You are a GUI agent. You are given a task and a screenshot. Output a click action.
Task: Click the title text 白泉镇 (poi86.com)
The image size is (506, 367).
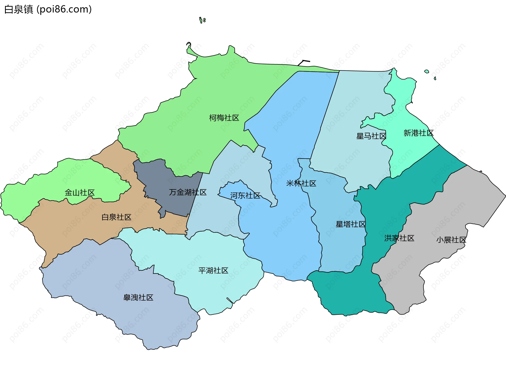click(x=48, y=9)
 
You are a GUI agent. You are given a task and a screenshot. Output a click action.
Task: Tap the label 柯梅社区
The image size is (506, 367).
click(x=224, y=118)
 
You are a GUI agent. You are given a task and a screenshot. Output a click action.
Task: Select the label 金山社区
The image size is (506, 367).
click(x=80, y=193)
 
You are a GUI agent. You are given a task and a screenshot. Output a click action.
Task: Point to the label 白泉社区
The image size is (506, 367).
click(x=116, y=217)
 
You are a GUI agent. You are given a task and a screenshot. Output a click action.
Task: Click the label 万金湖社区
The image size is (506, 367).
click(x=188, y=192)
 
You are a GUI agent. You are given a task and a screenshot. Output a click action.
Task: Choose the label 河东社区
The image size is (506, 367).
click(x=245, y=196)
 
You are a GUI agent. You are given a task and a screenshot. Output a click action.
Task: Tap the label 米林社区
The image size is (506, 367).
click(x=301, y=183)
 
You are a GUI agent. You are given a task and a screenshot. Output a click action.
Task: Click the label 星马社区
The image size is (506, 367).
click(x=371, y=136)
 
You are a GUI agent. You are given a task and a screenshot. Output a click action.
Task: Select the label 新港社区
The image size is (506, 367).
click(x=419, y=133)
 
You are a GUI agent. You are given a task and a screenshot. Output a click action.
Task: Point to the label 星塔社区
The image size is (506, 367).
click(x=351, y=224)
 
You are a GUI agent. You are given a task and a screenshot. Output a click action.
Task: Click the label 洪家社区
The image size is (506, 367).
click(x=399, y=238)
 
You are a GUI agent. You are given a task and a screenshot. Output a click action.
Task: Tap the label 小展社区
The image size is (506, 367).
click(x=451, y=240)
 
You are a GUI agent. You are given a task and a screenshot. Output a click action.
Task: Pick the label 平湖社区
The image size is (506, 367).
click(x=213, y=270)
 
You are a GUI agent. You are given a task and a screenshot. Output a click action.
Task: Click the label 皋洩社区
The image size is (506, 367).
click(x=138, y=298)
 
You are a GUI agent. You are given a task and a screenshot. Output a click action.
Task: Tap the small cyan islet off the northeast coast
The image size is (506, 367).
click(x=426, y=72)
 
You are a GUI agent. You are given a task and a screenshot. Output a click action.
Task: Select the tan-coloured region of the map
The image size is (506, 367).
click(x=79, y=227)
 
